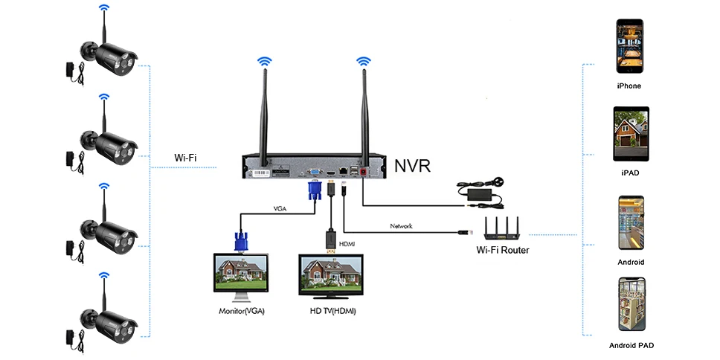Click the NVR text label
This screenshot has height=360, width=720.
point(412,164)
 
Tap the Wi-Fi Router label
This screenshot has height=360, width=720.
point(502,250)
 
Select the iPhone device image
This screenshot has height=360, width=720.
point(629,46)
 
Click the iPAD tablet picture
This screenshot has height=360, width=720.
point(630,133)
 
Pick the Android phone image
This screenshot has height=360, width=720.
point(630,222)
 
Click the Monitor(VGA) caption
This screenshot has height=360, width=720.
point(241,311)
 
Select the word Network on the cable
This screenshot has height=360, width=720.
point(401,225)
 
